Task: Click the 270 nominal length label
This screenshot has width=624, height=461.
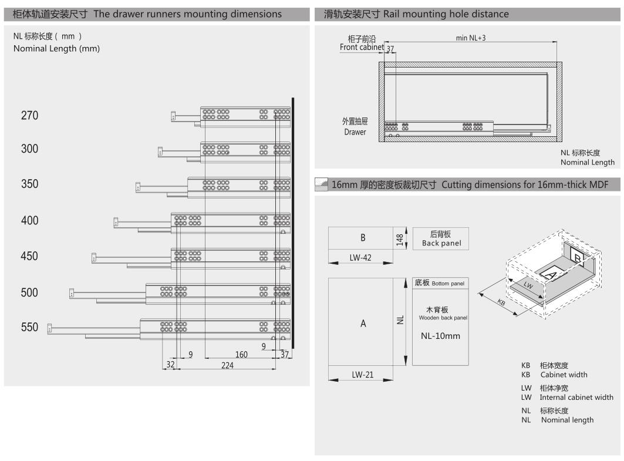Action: point(29,116)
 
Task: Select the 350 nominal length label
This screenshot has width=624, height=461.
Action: point(29,184)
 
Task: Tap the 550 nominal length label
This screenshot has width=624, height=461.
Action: point(29,328)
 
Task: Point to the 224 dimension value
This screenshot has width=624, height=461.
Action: point(227,365)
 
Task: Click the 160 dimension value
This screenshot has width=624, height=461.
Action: point(241,354)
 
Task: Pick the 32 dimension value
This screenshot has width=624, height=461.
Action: point(170,365)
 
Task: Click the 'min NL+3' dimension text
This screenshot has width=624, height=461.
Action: point(471,38)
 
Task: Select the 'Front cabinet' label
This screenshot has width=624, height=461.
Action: point(362,47)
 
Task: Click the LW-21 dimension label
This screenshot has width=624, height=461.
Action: point(362,374)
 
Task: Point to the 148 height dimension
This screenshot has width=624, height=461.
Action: point(400,238)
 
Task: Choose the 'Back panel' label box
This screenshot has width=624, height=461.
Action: point(440,238)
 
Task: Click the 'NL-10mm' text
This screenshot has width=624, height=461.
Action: point(440,337)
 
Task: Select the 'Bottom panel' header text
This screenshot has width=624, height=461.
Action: point(440,283)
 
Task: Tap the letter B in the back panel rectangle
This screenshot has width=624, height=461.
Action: point(363,238)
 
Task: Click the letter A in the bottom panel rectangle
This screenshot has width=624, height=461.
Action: point(363,324)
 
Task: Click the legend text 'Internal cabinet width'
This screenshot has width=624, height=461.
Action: point(576,397)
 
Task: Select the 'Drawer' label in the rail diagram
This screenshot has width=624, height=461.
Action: point(355,132)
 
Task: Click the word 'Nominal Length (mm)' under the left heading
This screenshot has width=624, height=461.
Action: point(56,49)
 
